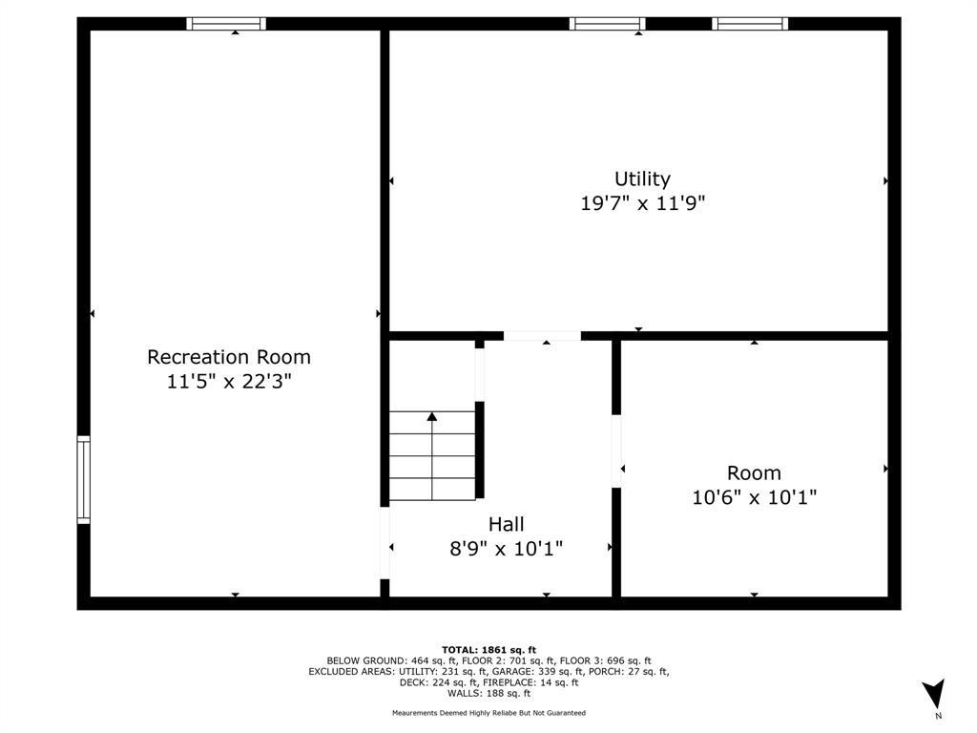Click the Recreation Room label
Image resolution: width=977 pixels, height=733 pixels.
point(229,357)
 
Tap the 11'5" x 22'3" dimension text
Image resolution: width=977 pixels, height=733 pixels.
point(229,381)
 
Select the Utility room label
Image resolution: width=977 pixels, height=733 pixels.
point(642,179)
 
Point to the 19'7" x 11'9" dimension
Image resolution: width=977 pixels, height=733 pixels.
point(642,202)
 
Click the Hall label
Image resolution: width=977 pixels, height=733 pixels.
point(506,524)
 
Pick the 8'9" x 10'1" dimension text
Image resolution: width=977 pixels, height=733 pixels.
point(506,549)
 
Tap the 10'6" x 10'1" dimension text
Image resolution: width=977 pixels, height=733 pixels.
point(754,497)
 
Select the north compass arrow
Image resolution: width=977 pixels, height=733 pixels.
point(934,694)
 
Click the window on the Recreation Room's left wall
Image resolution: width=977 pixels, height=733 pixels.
point(84,480)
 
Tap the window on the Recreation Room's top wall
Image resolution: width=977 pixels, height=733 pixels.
point(226,24)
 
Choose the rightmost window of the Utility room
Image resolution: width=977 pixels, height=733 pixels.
point(750,24)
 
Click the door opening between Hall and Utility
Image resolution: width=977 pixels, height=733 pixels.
point(542,336)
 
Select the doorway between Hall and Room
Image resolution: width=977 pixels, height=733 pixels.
point(616,451)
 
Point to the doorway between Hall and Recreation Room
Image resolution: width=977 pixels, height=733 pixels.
point(385,543)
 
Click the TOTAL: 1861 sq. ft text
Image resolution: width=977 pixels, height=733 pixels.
point(488,650)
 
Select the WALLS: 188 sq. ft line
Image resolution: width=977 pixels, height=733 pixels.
point(489,693)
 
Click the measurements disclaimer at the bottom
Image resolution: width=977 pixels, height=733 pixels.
point(489,713)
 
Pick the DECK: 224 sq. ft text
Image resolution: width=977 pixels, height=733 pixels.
point(438,682)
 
